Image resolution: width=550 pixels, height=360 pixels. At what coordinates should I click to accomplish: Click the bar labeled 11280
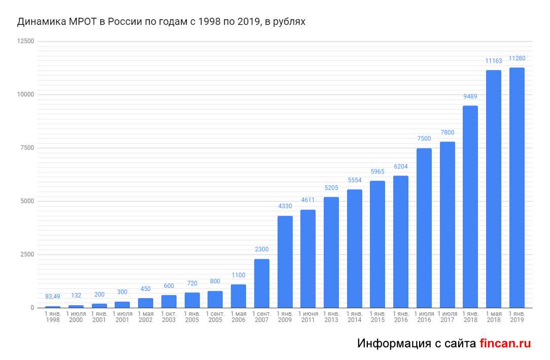517,188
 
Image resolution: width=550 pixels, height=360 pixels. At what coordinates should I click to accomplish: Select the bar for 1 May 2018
494,189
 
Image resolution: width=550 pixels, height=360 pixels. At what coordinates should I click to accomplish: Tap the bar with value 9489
470,206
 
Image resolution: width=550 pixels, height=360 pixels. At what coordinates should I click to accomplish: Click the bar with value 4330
285,262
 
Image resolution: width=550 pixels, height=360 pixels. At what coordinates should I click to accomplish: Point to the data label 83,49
53,297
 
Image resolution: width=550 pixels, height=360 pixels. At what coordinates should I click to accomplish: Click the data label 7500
424,139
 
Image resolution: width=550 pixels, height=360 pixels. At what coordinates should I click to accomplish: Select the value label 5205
331,188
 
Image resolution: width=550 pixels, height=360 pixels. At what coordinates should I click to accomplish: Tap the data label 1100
238,275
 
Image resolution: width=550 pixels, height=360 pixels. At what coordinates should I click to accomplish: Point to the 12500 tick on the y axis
25,42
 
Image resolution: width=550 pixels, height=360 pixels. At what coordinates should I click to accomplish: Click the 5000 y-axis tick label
27,201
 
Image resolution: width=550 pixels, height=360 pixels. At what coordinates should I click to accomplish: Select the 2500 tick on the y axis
27,255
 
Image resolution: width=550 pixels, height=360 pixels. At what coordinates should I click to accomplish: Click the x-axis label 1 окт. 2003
169,317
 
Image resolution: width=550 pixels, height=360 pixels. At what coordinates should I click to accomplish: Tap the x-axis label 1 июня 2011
308,317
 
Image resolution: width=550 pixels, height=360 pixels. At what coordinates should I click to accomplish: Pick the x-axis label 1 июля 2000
76,317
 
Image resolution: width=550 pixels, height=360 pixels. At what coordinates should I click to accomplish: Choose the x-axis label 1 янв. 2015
377,317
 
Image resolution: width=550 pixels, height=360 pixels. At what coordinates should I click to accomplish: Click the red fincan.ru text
505,343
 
